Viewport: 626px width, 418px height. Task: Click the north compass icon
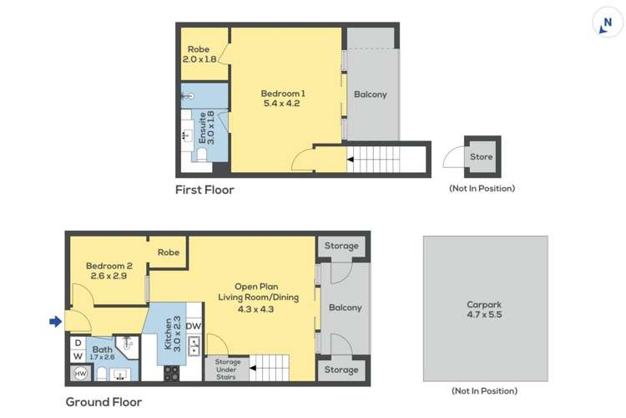click(607, 23)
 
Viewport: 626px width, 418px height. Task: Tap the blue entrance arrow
click(56, 320)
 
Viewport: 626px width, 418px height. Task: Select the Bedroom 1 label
click(282, 99)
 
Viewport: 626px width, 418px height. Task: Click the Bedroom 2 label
click(107, 271)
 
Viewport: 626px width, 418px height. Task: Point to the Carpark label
click(484, 309)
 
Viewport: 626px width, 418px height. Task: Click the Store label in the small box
click(482, 156)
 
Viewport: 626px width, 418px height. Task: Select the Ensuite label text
click(205, 130)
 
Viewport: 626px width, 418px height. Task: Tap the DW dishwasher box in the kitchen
click(193, 327)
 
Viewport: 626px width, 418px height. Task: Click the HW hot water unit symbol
click(81, 373)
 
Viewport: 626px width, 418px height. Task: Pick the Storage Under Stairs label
click(227, 370)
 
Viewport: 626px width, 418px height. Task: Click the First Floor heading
click(204, 190)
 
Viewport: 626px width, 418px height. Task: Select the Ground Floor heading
click(103, 401)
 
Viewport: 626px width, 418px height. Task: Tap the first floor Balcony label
click(371, 94)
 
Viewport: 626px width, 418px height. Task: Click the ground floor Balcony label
click(346, 308)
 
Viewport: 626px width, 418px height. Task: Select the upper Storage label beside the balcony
click(341, 246)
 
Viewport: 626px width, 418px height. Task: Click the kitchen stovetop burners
click(172, 373)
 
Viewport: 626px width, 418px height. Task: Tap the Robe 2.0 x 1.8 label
click(199, 54)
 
